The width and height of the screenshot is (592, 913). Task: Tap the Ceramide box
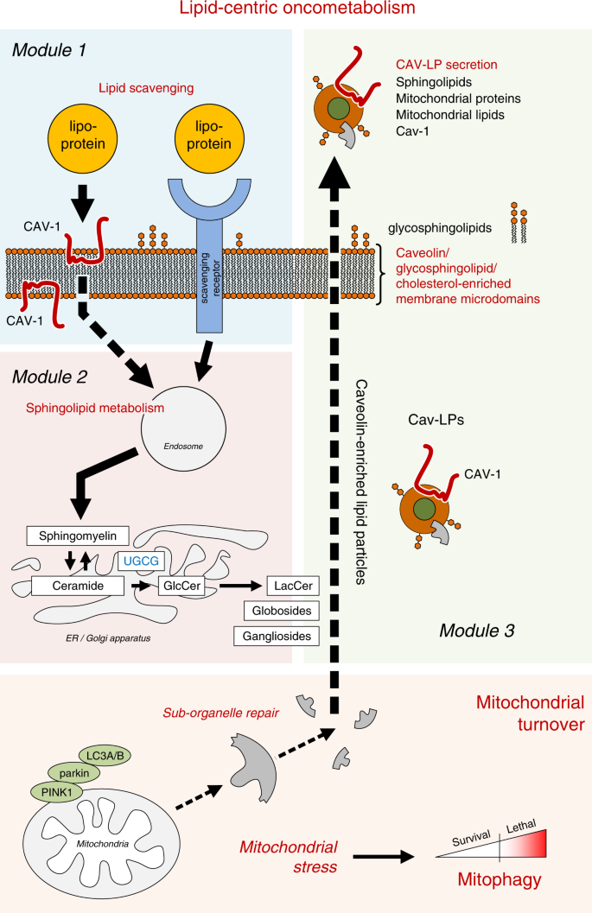[x=73, y=586]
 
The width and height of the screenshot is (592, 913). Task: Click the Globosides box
[x=276, y=612]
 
